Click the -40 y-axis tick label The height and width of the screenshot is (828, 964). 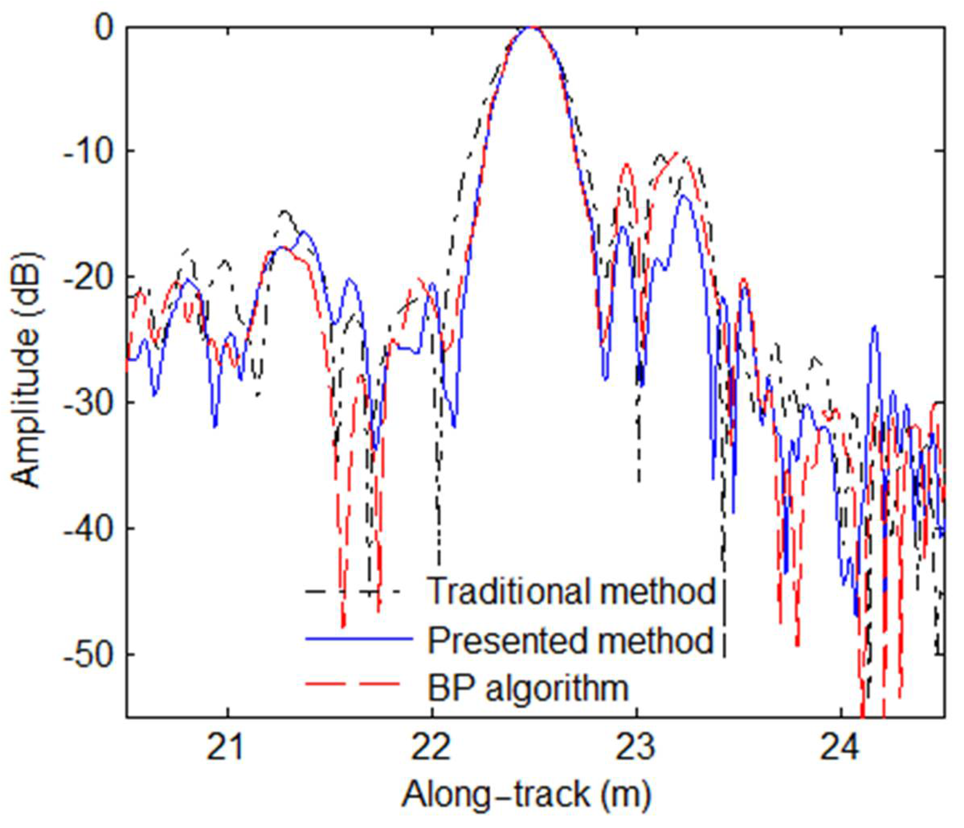click(x=89, y=529)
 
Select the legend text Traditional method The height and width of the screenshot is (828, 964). click(x=570, y=591)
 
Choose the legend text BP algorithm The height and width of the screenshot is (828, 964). click(x=528, y=688)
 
